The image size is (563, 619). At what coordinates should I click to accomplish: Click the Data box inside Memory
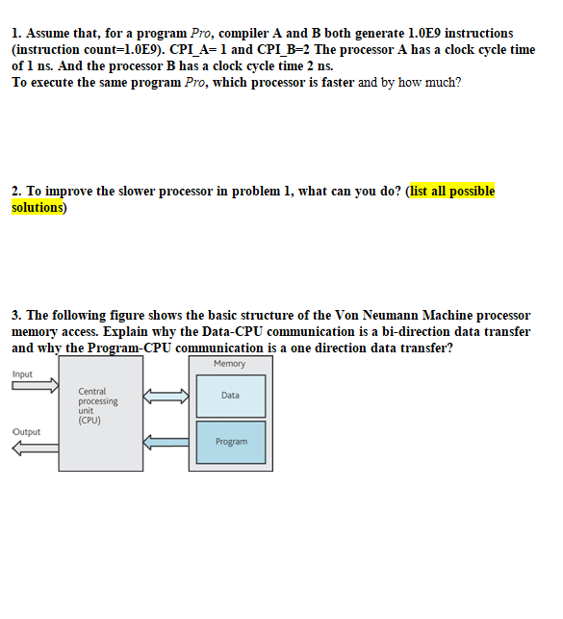tap(230, 396)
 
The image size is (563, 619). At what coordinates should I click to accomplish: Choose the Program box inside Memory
tap(231, 442)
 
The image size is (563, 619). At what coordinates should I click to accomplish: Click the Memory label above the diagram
tap(229, 364)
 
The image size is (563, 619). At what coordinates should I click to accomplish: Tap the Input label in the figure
tap(22, 374)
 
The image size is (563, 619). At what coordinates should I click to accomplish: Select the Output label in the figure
tap(26, 432)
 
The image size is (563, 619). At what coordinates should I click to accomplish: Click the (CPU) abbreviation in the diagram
tap(90, 420)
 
